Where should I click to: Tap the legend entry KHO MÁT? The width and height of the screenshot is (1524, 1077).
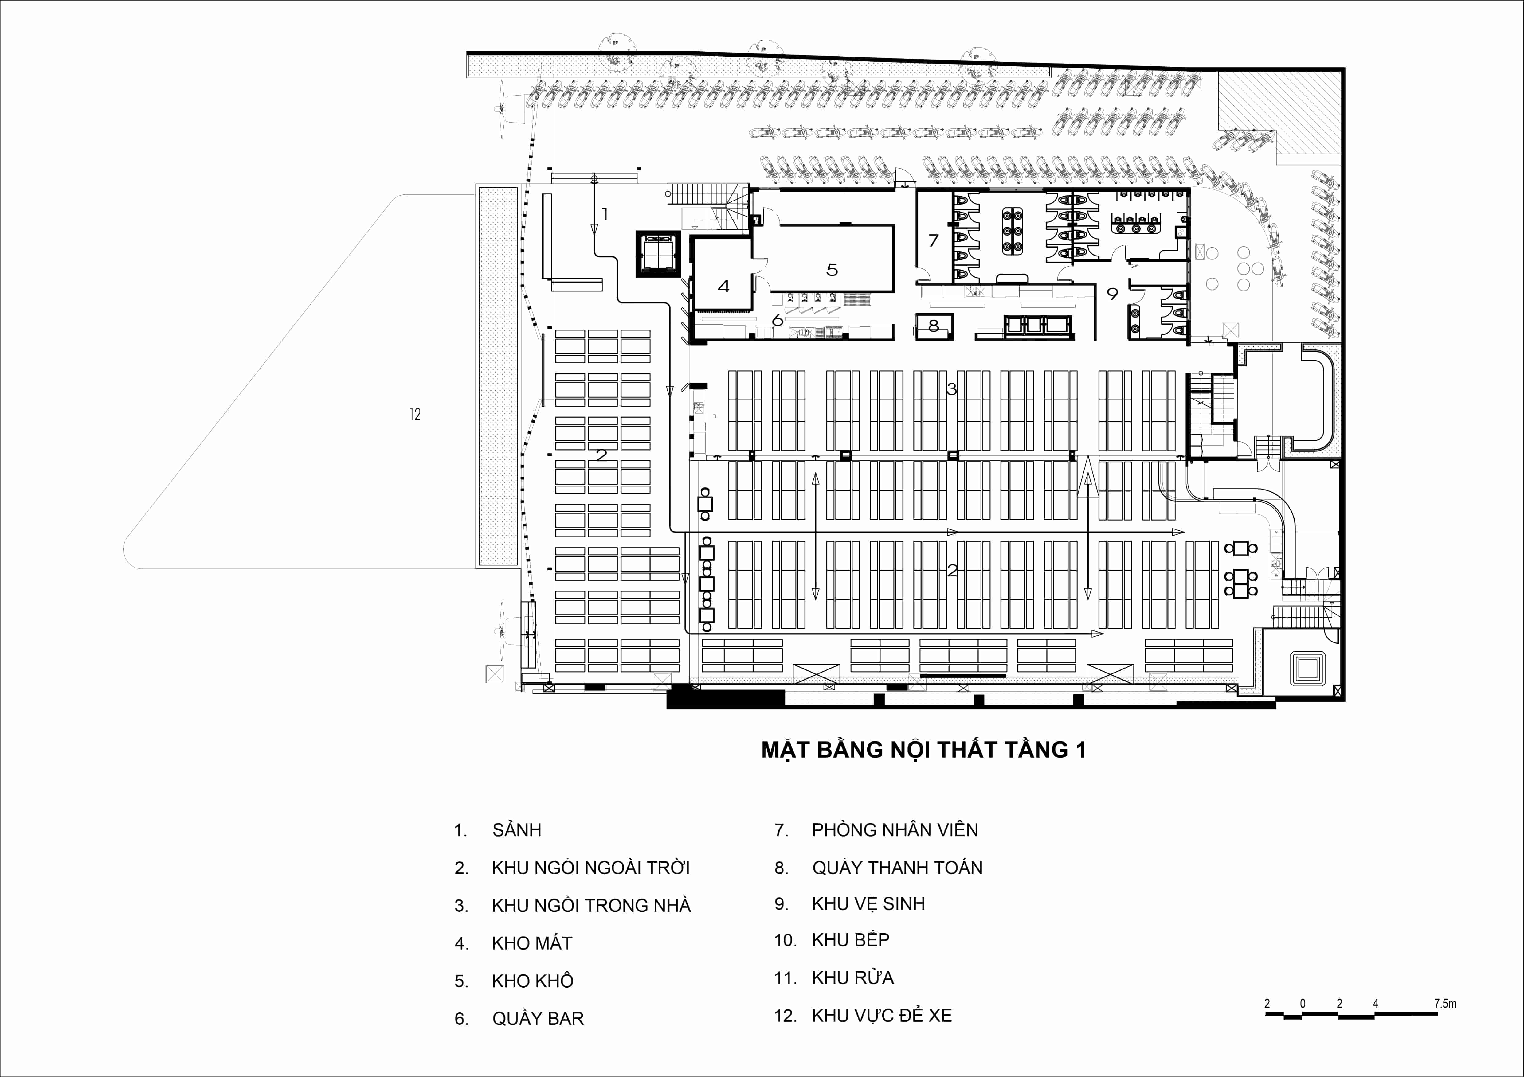(x=532, y=943)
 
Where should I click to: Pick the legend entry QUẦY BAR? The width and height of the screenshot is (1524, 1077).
(x=538, y=1019)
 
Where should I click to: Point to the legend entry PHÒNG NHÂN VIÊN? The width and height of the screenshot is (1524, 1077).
(x=895, y=829)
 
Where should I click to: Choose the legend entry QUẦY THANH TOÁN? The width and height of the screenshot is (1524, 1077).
(x=897, y=867)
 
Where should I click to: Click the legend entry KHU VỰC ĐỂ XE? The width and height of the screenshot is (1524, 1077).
(x=881, y=1015)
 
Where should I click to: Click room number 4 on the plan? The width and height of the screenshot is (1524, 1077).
(x=723, y=286)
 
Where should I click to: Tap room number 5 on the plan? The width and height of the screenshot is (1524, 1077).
(x=832, y=269)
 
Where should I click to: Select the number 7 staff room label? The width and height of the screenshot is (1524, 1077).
(x=933, y=240)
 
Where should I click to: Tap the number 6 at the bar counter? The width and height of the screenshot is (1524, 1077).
(x=777, y=320)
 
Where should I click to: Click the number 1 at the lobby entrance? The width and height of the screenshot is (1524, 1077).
(x=605, y=214)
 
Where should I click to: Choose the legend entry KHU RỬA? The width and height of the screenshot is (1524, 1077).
(x=853, y=977)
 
